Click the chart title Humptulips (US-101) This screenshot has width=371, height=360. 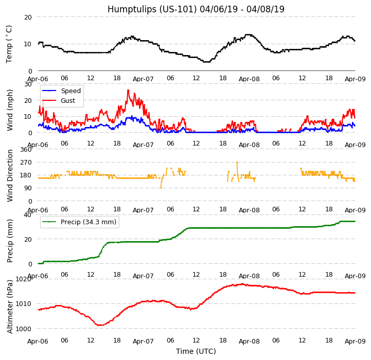click(x=196, y=9)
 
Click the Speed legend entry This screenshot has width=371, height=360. click(x=70, y=91)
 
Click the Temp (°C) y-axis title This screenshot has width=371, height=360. click(x=9, y=44)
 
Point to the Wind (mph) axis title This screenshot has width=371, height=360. click(x=10, y=110)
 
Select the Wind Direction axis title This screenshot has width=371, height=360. click(x=10, y=175)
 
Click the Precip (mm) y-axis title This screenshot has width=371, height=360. click(x=10, y=240)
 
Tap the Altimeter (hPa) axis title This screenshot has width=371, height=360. click(x=10, y=306)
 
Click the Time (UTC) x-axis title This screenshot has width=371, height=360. click(x=196, y=351)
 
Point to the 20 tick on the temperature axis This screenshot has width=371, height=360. click(x=28, y=17)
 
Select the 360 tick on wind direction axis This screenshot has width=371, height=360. click(x=26, y=150)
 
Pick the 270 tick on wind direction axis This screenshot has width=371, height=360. click(x=26, y=163)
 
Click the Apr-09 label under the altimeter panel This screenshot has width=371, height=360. click(x=355, y=341)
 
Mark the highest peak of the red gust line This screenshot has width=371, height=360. click(x=128, y=90)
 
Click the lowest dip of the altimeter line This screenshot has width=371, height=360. click(x=99, y=325)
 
